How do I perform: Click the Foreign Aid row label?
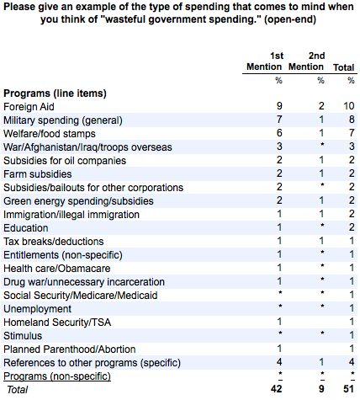[29, 107]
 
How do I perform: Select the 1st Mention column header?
[264, 61]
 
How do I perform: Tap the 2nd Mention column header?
[306, 61]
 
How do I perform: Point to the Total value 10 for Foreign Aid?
[349, 106]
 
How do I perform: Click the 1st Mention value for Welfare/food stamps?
[279, 133]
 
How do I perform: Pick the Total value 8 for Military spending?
[352, 120]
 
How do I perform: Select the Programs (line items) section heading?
[55, 93]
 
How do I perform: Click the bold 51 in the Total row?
[348, 389]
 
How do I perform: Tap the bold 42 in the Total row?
[277, 389]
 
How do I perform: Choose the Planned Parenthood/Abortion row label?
[70, 349]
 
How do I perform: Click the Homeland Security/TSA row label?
[57, 323]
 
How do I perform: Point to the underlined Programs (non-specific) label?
[57, 376]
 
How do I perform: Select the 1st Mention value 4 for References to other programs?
[279, 362]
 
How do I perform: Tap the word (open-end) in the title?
[290, 19]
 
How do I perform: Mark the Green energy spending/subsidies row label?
[78, 201]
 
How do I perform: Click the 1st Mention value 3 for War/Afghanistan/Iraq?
[279, 147]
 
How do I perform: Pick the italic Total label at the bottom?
[18, 390]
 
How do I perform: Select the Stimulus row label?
[23, 336]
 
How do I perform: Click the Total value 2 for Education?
[352, 227]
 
